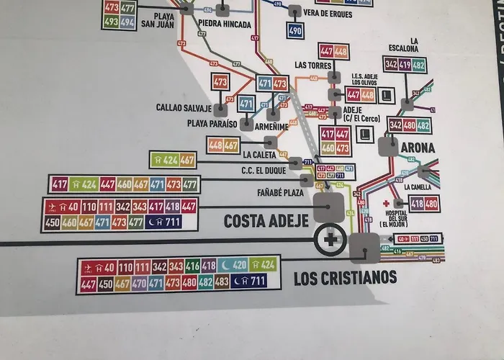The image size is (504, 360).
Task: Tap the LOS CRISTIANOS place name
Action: [x=345, y=278]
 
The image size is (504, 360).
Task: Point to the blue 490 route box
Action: [x=295, y=30]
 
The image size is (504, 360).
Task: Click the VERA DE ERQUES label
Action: [x=328, y=12]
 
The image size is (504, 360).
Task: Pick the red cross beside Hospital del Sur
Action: [x=386, y=204]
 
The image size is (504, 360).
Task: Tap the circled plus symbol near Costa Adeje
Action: [x=329, y=238]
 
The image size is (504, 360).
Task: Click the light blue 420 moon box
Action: [x=233, y=266]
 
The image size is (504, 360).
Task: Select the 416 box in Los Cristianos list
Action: [x=192, y=266]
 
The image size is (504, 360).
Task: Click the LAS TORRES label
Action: [x=312, y=65]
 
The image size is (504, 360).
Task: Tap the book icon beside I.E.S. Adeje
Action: [x=387, y=94]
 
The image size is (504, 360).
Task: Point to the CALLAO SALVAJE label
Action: [x=184, y=108]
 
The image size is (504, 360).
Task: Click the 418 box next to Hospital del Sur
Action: [x=418, y=204]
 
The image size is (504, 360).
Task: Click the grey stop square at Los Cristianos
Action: [x=364, y=249]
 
